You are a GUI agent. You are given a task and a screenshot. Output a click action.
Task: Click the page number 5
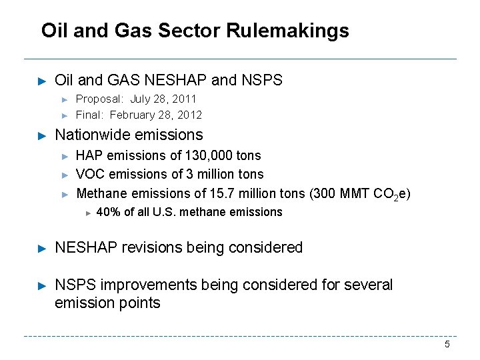[x=447, y=345]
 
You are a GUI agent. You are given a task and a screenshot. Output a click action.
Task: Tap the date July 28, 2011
[x=163, y=99]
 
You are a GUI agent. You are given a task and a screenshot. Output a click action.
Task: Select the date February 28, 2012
[x=156, y=115]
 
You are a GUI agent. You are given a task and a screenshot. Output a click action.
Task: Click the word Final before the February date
[x=89, y=115]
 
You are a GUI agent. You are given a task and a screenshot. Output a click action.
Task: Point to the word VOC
[x=90, y=175]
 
